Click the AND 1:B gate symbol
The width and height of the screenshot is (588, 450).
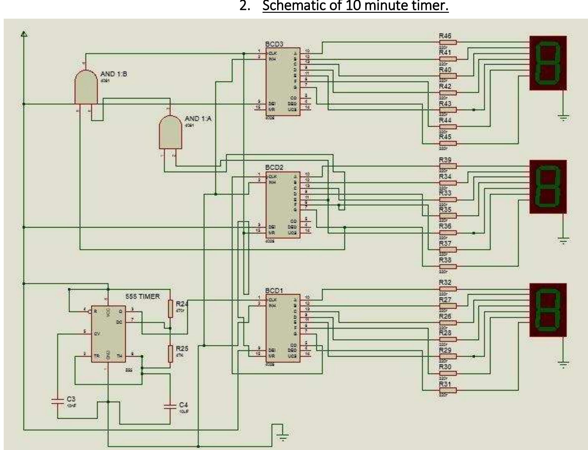pos(86,87)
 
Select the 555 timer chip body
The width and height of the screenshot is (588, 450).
pos(108,334)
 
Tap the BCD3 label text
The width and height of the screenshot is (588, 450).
pos(274,44)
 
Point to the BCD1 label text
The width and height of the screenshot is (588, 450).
pos(274,290)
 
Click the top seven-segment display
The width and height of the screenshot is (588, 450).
pos(548,63)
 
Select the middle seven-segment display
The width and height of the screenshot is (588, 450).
pos(548,187)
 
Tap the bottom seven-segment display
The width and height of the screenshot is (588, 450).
pos(548,310)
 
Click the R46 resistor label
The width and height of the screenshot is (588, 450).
pos(445,36)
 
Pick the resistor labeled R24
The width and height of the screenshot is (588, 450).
pos(170,309)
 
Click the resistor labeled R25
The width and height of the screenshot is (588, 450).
pos(170,353)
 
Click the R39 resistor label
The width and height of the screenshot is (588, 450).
pos(445,160)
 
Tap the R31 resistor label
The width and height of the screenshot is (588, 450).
pos(445,384)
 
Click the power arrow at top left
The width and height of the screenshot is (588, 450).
pos(24,34)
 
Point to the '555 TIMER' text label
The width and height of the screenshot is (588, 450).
pos(142,296)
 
